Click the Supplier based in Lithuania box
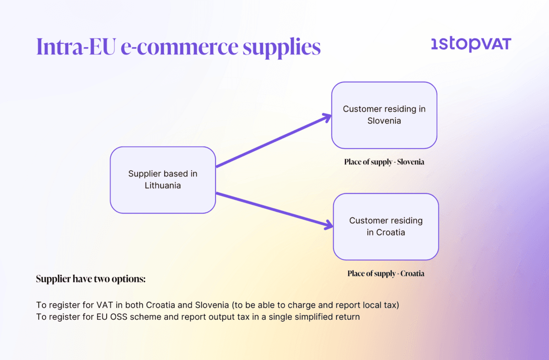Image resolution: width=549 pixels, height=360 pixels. tap(162, 180)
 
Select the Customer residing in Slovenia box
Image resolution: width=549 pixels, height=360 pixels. tap(384, 115)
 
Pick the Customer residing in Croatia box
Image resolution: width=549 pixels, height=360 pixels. tap(386, 226)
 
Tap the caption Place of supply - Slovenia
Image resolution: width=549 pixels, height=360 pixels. tap(384, 162)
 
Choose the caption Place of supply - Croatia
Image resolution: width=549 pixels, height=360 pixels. tap(386, 274)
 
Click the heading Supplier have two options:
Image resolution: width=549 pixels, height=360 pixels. tap(91, 279)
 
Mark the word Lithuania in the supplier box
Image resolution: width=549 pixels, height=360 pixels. tap(163, 186)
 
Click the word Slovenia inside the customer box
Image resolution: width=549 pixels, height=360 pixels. tap(384, 121)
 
